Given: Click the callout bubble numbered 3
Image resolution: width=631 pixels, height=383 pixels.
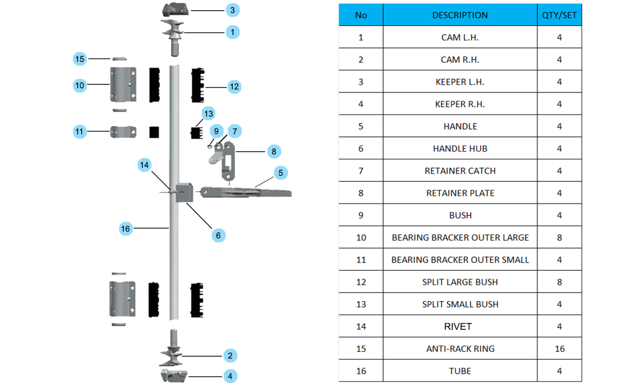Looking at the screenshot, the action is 232,10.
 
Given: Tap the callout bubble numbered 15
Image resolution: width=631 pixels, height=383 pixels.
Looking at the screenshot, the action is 80,59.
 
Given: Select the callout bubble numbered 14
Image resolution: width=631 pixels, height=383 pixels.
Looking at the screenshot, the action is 144,165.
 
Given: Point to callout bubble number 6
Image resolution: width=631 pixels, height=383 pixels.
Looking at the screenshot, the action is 219,235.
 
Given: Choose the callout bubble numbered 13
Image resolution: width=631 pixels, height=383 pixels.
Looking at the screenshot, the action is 208,114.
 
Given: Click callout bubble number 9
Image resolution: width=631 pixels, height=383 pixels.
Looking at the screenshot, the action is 216,131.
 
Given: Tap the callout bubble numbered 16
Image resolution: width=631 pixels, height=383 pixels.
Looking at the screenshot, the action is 126,229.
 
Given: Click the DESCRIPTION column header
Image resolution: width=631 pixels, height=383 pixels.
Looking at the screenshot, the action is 460,15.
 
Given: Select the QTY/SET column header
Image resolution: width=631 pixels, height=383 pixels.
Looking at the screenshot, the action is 560,15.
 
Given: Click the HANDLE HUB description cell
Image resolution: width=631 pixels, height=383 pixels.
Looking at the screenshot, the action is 460,148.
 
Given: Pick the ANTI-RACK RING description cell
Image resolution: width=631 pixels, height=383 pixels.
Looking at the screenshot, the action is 460,349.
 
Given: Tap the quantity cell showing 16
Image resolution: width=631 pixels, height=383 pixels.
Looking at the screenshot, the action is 560,349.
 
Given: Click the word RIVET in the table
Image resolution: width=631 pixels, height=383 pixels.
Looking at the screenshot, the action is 458,326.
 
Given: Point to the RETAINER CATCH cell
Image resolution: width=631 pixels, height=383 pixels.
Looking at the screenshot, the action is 460,171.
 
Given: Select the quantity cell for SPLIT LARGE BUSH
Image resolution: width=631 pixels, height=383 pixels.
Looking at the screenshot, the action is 560,282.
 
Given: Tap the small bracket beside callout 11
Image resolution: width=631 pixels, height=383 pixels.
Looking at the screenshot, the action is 123,132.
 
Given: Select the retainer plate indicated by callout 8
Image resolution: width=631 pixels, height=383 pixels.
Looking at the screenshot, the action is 228,161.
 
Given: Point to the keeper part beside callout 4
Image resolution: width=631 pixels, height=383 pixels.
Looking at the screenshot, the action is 174,376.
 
